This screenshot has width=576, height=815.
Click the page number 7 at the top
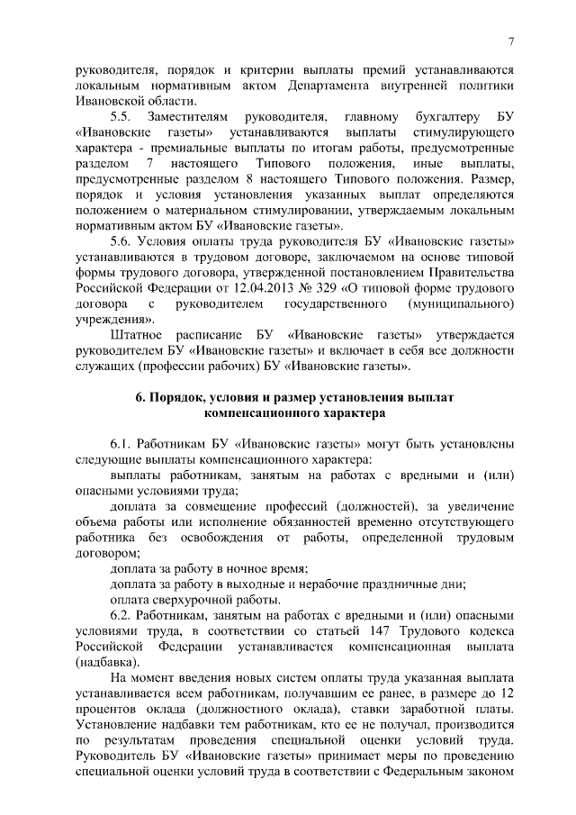(510, 40)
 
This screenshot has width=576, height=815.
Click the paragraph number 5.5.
(121, 118)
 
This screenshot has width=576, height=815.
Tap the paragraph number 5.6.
(121, 242)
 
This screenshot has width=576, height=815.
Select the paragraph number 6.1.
(121, 444)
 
